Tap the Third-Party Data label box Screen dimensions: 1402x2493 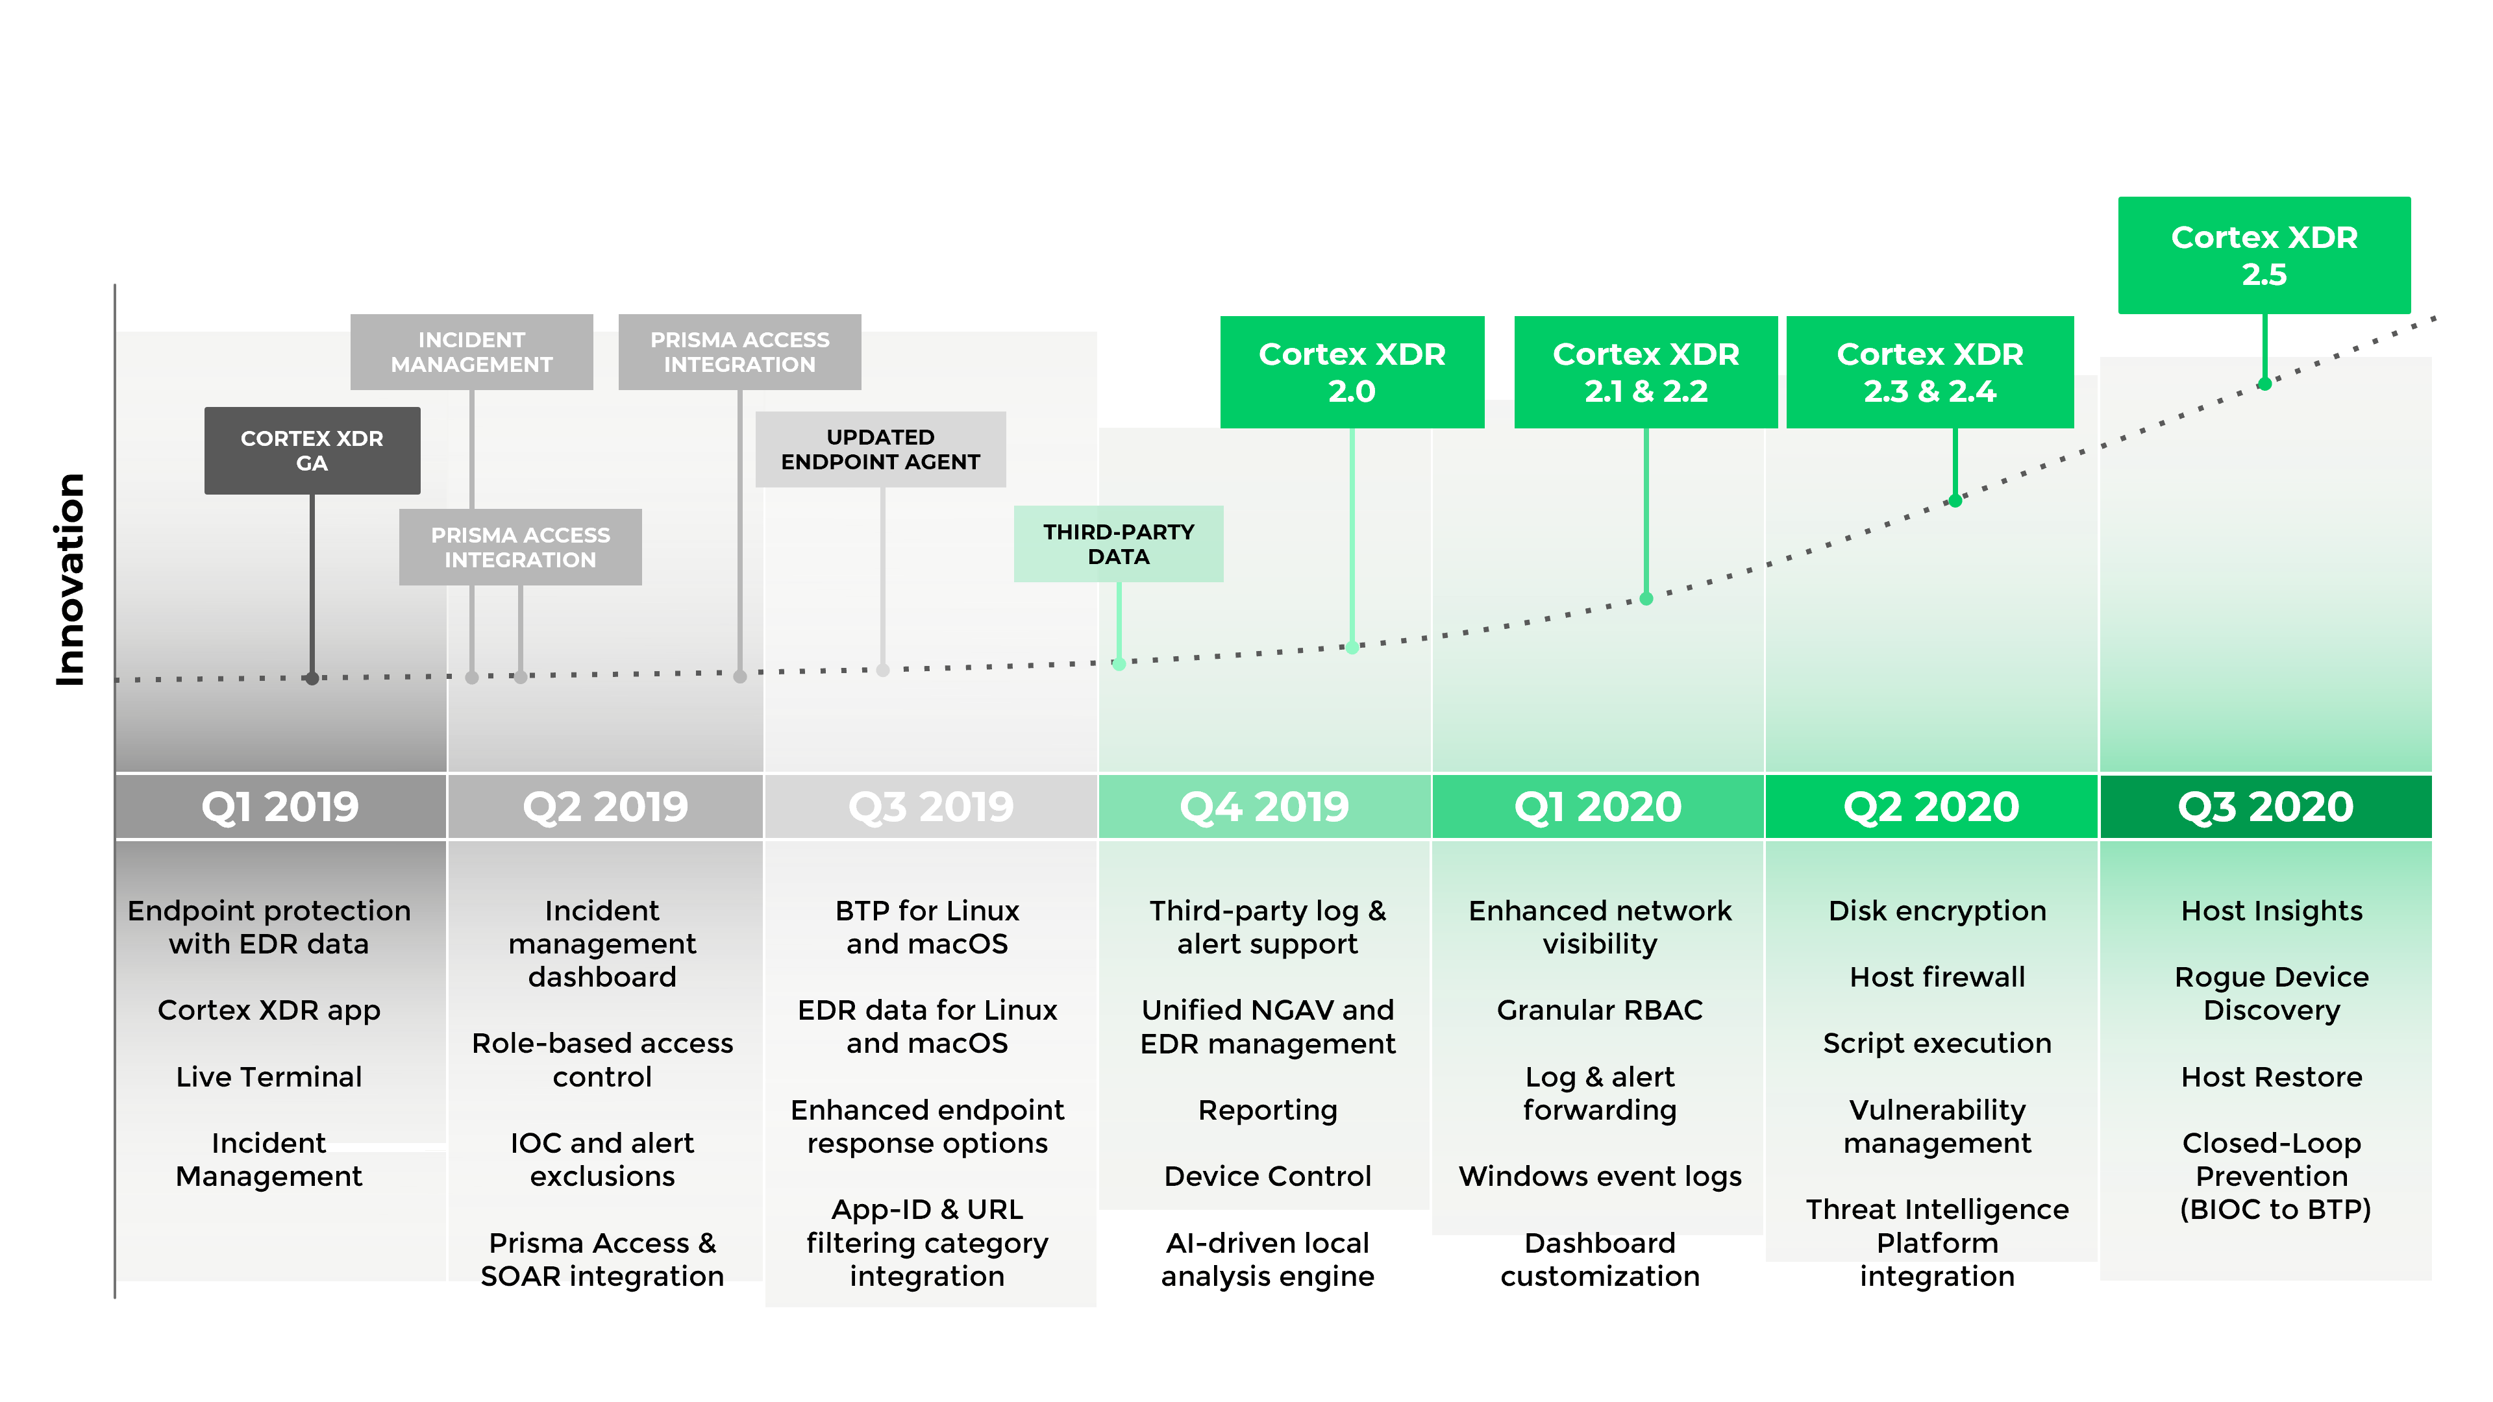coord(1118,544)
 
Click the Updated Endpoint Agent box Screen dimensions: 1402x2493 coord(880,449)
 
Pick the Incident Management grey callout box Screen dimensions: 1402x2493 coord(471,351)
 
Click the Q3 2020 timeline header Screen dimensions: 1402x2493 coord(2264,806)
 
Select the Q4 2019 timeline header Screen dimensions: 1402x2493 coord(1264,806)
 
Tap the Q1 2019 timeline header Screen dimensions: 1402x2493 coord(280,806)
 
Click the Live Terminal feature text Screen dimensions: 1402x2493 coord(269,1076)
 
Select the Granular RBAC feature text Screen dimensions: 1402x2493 coord(1599,1009)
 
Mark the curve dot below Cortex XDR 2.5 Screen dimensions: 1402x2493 coord(2264,384)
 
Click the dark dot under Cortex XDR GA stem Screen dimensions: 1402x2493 coord(312,678)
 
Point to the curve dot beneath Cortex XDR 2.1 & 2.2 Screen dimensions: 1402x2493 coord(1645,599)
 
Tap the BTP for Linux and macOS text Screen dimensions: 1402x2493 coord(926,927)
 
